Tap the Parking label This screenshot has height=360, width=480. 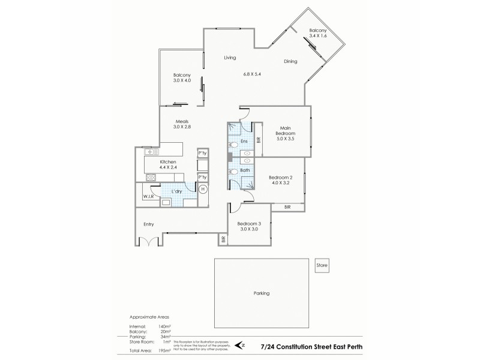click(x=261, y=293)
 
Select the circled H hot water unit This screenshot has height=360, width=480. click(x=203, y=189)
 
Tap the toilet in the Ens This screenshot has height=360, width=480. click(x=235, y=145)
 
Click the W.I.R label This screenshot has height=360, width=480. click(x=148, y=196)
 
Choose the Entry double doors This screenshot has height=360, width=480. click(x=148, y=241)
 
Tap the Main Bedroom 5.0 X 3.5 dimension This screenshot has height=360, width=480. click(x=285, y=139)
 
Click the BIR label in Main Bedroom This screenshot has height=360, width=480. click(x=259, y=140)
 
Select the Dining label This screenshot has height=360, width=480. click(x=292, y=61)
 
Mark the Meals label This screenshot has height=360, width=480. click(x=181, y=121)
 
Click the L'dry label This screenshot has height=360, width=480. click(x=177, y=191)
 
